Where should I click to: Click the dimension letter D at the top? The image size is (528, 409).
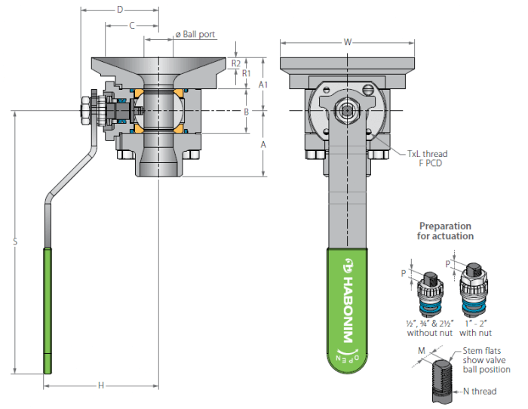pos(120,10)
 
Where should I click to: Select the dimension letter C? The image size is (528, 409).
pos(132,25)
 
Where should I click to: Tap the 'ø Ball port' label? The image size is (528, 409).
pos(195,35)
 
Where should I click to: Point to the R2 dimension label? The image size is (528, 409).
pos(236,63)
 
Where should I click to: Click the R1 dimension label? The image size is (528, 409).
pos(247,73)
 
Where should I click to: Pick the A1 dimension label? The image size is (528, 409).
pos(263,85)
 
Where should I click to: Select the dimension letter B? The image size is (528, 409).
pos(246,112)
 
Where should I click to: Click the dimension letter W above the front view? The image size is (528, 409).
pos(348,42)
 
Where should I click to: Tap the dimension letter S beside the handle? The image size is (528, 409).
pos(15,241)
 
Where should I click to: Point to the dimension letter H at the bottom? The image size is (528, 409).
pos(101,386)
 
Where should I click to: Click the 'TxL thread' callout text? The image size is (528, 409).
pos(428,154)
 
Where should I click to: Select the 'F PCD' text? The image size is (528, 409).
pos(431,164)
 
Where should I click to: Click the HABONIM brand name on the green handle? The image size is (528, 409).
pos(348,310)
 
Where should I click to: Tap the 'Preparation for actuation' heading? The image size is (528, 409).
pos(445,231)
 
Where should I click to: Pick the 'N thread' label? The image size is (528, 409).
pos(480,391)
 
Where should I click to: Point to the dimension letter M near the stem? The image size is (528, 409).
pos(422,351)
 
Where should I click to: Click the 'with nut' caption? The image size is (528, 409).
pos(475,333)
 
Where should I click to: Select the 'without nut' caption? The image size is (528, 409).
pos(430,333)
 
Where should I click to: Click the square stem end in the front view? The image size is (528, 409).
pos(347,110)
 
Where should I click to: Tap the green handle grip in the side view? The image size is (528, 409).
pos(48,311)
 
